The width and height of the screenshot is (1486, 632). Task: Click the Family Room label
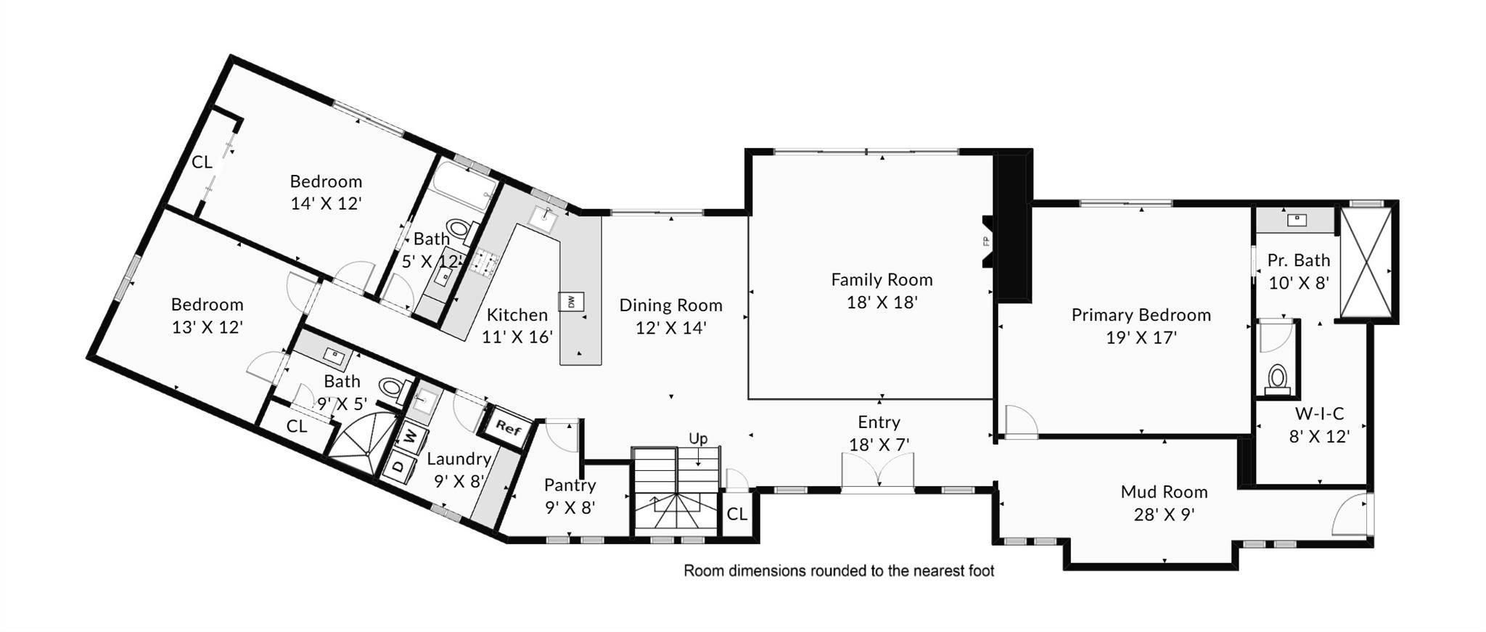(x=882, y=279)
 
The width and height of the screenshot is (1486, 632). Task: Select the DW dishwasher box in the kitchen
(x=571, y=301)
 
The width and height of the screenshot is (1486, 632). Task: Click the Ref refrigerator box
(x=508, y=427)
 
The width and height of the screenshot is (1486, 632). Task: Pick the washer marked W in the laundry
(x=411, y=437)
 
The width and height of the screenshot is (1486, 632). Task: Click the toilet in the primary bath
(x=1277, y=378)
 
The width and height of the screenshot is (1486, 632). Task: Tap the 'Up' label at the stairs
(x=698, y=438)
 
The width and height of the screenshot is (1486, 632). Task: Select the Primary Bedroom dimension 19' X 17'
(x=1141, y=337)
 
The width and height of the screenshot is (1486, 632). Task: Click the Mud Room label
(x=1164, y=492)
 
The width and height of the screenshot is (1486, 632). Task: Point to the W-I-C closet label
(x=1319, y=414)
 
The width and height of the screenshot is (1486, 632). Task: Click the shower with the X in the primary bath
(x=1366, y=262)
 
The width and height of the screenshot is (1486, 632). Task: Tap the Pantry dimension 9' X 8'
(x=570, y=508)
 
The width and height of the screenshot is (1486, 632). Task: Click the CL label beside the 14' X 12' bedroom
(x=202, y=162)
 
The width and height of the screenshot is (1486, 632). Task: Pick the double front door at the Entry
(x=878, y=472)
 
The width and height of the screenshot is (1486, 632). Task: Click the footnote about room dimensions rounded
(x=839, y=571)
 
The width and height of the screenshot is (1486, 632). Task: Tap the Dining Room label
(x=670, y=305)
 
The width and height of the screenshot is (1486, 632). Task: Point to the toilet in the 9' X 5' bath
(x=393, y=388)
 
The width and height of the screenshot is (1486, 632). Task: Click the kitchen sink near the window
(x=543, y=216)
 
